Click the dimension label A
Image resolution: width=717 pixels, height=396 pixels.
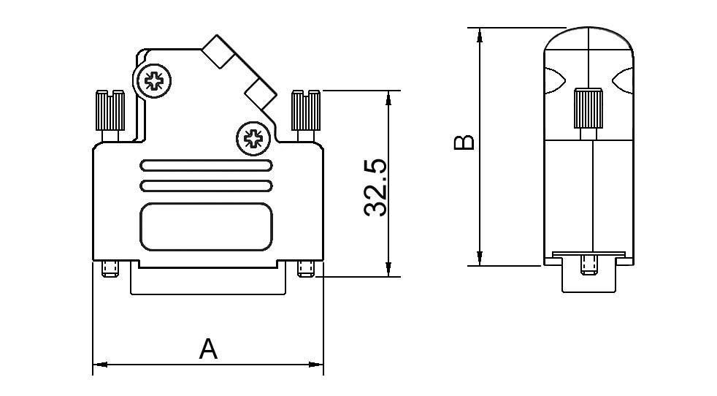click(209, 349)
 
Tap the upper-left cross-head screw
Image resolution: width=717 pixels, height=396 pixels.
click(153, 80)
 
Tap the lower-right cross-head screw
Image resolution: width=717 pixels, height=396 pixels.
click(253, 138)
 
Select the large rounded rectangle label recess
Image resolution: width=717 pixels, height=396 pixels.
click(207, 228)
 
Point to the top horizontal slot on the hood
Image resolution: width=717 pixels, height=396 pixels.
click(207, 166)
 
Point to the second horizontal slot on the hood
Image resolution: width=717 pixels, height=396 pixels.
click(207, 186)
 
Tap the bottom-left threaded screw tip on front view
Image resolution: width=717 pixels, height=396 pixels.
click(110, 270)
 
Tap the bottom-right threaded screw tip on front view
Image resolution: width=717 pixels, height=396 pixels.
click(306, 270)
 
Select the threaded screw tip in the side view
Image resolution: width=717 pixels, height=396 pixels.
click(588, 264)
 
